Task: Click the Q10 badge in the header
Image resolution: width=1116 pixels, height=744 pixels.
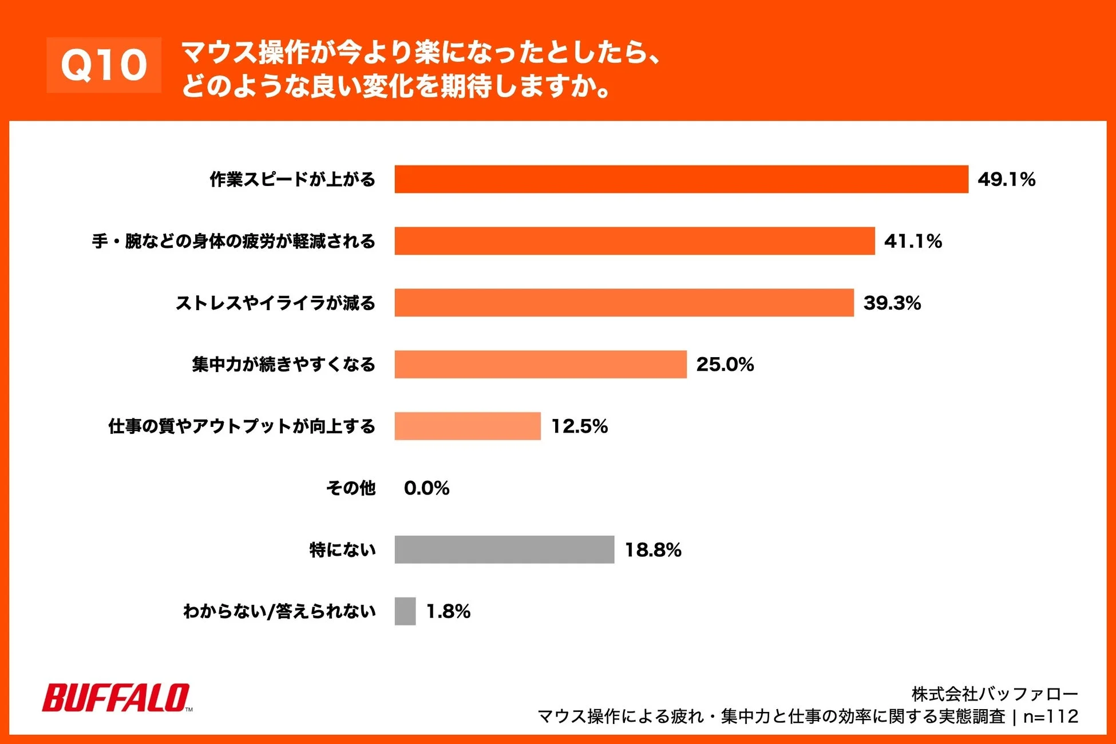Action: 104,65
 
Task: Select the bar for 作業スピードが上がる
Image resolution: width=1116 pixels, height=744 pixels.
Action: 681,179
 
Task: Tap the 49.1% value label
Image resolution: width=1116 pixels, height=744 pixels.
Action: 1006,180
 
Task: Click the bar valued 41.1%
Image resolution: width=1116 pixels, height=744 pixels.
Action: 634,241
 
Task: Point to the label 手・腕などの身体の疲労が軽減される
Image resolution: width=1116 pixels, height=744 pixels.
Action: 234,241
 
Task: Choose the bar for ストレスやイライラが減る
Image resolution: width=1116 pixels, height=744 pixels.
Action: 624,303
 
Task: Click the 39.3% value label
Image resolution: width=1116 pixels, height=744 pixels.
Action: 892,303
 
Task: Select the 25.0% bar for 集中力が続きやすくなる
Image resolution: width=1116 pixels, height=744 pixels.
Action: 540,365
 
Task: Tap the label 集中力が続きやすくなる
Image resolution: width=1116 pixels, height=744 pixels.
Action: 283,365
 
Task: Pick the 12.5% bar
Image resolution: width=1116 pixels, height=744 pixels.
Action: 467,426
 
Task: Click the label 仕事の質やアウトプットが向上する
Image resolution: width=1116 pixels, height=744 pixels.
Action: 242,426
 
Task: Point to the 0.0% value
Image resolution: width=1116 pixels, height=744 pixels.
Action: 426,488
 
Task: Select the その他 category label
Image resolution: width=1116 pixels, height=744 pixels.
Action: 350,488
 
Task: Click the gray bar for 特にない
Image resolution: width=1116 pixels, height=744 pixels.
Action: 504,550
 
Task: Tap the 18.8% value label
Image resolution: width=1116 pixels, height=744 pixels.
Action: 652,550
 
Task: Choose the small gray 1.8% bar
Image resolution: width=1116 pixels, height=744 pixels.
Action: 405,611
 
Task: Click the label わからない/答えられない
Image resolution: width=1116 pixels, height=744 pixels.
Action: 279,611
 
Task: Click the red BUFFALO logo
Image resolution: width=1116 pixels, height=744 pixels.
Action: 116,698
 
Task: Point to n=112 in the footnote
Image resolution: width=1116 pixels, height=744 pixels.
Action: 1050,717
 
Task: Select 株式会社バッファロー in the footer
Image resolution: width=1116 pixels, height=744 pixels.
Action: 994,694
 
